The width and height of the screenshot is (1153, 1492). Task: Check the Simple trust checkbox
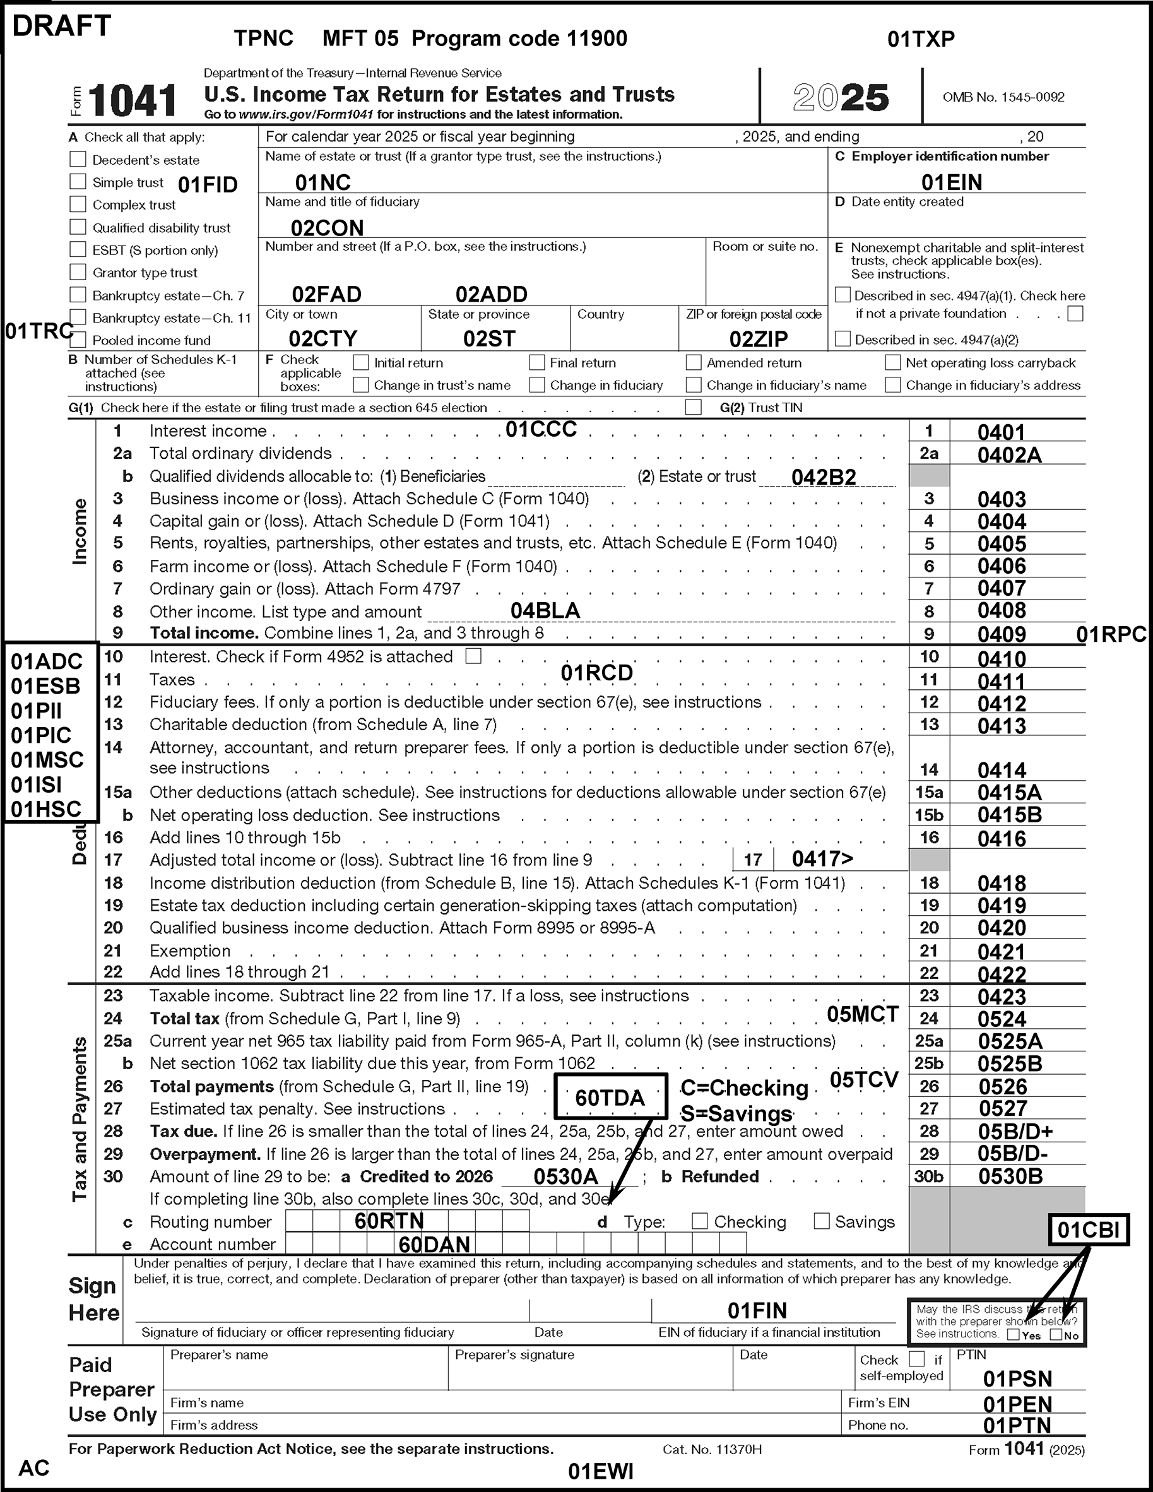pos(78,182)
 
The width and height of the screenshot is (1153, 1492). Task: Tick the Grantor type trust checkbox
pos(78,272)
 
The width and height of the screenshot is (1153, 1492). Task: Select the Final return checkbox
pos(538,362)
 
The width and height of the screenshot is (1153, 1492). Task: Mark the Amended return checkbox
pos(694,362)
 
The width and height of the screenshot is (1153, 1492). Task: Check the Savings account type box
pos(822,1221)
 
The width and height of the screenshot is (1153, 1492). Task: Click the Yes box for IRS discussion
pos(1014,1335)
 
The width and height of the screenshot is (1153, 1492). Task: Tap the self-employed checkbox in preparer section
pos(918,1359)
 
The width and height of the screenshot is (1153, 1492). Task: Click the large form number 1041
pos(133,100)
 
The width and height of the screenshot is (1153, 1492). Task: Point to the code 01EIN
pos(952,182)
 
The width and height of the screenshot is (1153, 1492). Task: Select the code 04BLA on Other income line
pos(545,610)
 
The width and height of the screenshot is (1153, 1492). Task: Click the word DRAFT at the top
pos(61,26)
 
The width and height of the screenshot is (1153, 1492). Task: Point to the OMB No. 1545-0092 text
pos(1003,97)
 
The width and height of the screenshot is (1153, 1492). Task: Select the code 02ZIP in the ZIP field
pos(758,339)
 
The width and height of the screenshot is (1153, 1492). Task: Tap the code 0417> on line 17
pos(822,859)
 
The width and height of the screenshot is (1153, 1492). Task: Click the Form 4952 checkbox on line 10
pos(473,656)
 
